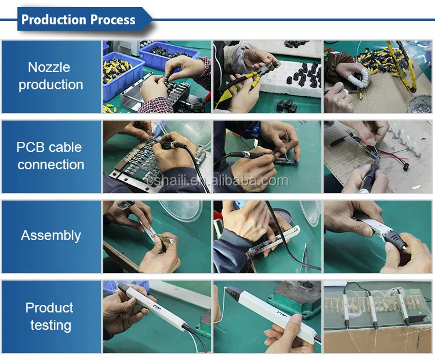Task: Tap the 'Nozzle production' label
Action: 50,76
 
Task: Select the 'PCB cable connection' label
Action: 50,156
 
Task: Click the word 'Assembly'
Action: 51,236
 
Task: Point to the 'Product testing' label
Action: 50,317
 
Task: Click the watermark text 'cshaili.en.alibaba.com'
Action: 217,181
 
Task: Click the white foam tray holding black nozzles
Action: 291,78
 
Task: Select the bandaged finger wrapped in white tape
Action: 360,77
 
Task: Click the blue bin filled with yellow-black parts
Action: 121,74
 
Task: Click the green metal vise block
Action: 295,300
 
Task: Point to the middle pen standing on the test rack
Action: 371,308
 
